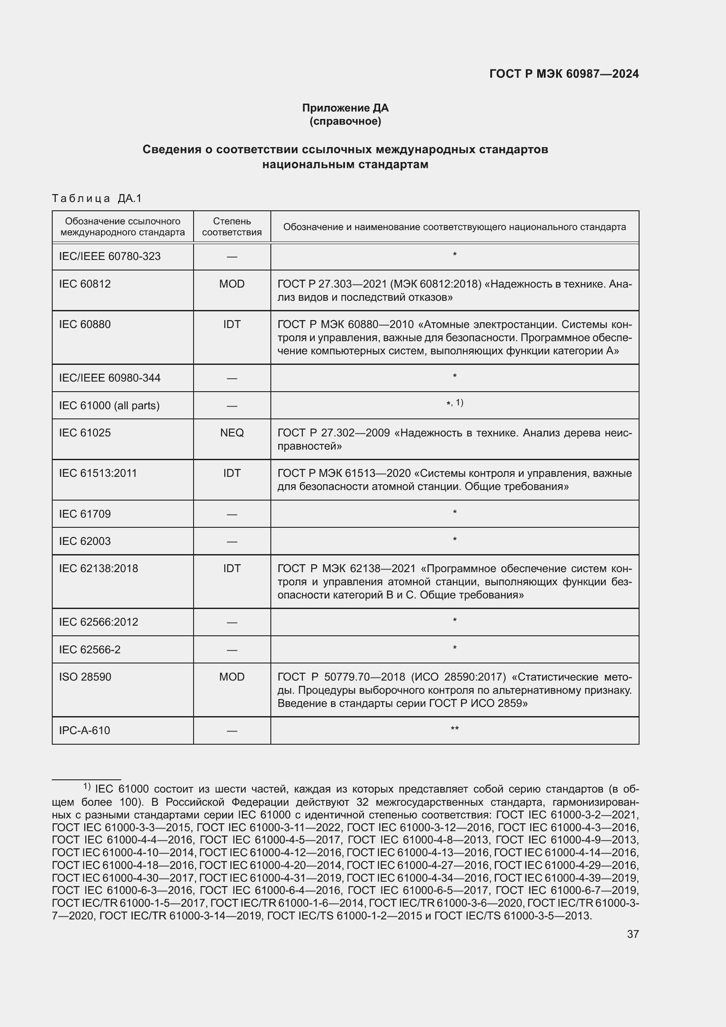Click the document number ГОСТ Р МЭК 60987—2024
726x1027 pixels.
tap(564, 74)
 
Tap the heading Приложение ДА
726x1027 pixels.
tap(345, 108)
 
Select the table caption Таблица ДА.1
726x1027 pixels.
tap(97, 198)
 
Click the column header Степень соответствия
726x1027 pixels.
tap(232, 227)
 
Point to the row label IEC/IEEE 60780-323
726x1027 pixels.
tap(110, 256)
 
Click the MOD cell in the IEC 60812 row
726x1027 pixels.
tap(232, 284)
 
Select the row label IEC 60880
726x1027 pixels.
tap(85, 324)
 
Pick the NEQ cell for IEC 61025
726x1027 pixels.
tap(232, 432)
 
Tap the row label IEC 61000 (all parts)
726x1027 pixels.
tap(109, 406)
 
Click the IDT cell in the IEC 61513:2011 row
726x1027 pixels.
tap(232, 473)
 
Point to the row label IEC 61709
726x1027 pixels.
tap(85, 514)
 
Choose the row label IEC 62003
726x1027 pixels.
tap(85, 541)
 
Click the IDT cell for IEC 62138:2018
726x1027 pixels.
tap(232, 569)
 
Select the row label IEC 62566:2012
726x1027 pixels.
tap(98, 622)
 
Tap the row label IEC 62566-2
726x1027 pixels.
tap(90, 649)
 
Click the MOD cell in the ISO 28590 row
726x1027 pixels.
tap(232, 677)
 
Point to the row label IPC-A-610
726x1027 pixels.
tap(84, 731)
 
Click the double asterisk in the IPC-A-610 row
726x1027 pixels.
tap(454, 729)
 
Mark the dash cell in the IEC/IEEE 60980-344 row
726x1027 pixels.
tap(232, 378)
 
